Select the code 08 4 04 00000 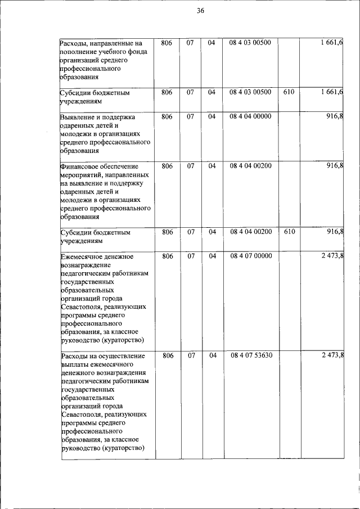250,116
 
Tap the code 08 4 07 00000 250,256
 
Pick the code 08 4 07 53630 250,355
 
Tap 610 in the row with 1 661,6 289,92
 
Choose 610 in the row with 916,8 289,232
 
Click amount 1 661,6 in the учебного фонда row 332,43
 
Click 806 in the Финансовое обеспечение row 166,166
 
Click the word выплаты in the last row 74,364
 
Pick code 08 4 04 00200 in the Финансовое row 250,166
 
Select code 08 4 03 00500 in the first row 250,43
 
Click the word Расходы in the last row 74,356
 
